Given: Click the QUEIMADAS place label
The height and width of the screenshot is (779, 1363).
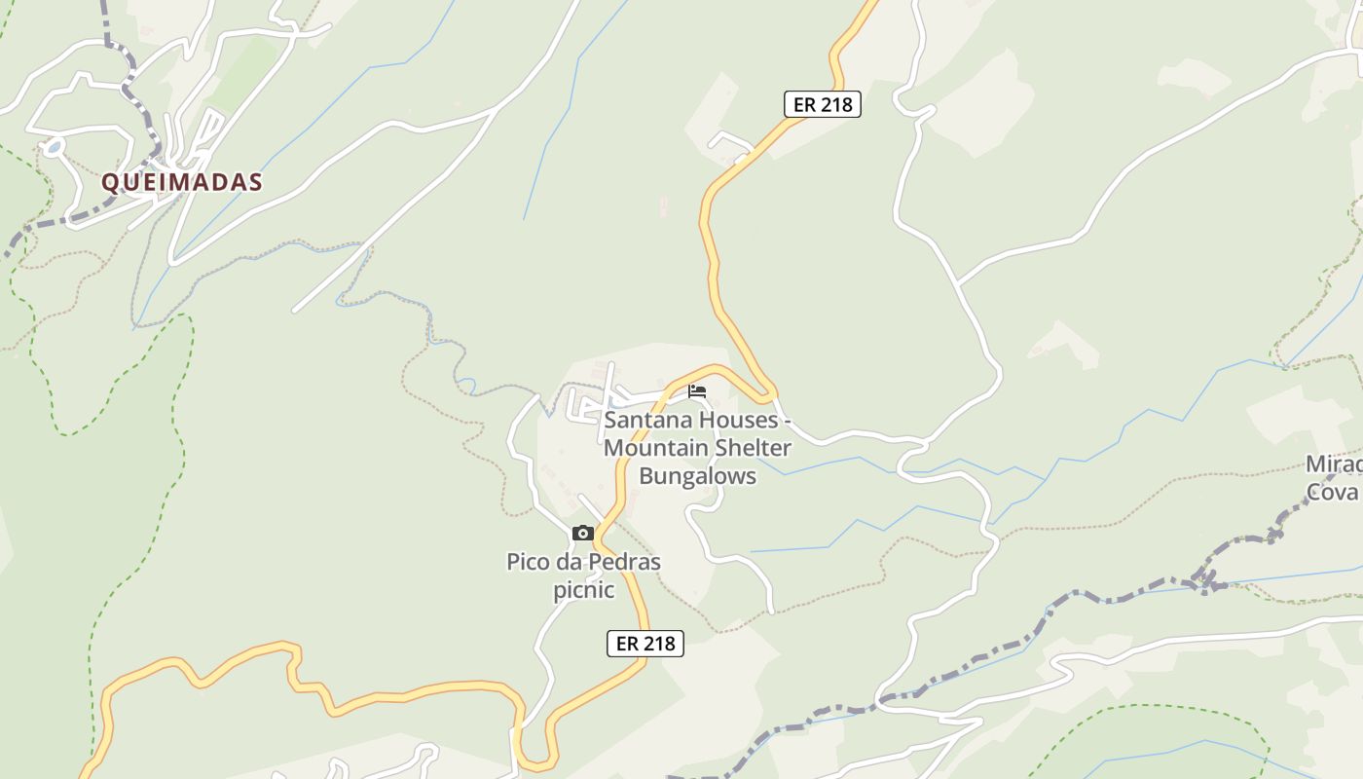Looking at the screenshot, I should [182, 182].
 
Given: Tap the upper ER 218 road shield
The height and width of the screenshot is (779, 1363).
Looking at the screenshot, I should [823, 104].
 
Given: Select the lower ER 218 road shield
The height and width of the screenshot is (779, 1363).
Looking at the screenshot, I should [645, 644].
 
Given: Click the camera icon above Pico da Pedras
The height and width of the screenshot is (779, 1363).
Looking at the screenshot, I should [583, 533].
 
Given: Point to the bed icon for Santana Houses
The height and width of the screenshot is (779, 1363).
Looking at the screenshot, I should [697, 391].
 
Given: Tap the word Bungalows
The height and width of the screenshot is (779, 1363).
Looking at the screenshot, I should [697, 476].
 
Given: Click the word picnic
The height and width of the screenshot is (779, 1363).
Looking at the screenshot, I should [584, 590].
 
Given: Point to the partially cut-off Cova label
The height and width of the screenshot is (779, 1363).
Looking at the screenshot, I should [1332, 492].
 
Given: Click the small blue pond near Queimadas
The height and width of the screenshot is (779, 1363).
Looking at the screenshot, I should [53, 148].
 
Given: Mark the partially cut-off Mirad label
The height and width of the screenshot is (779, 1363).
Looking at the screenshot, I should [1334, 464].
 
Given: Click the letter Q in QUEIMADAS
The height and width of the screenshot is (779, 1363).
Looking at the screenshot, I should [111, 182].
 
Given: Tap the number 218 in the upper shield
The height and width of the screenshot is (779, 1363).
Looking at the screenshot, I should [836, 104].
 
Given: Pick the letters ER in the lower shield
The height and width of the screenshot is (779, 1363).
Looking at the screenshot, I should [628, 644].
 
